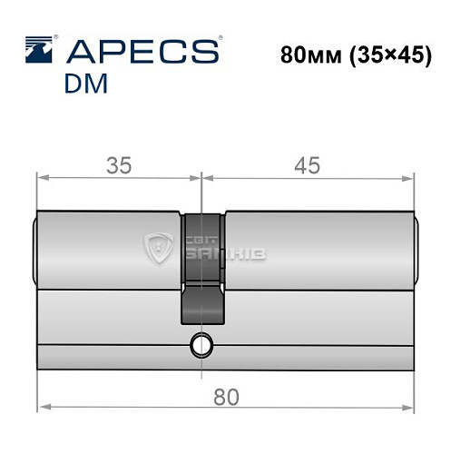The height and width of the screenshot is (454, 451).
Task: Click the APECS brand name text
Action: point(142,51)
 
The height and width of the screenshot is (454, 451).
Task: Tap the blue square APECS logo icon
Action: point(39,50)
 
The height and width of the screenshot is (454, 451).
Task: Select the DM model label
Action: point(86,84)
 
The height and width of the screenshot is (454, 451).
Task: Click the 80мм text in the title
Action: point(311,55)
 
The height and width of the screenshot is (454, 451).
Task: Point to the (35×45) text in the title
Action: point(390,56)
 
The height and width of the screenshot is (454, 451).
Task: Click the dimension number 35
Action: point(119,165)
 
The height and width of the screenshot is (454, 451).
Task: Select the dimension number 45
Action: point(307,165)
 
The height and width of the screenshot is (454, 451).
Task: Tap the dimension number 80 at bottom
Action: point(226,397)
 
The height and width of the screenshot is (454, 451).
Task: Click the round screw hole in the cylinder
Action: point(201,345)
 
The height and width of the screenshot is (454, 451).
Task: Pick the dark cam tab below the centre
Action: point(203,304)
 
